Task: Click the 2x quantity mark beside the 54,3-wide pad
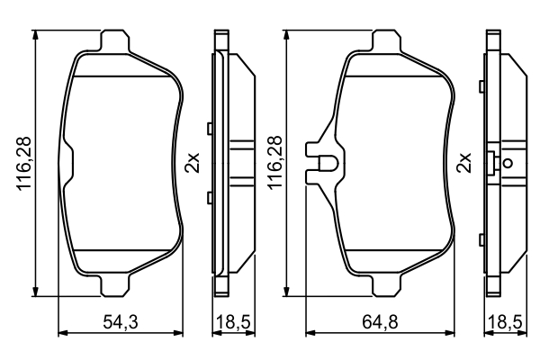[192, 163]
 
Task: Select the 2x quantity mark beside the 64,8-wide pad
[465, 163]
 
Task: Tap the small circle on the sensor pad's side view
[507, 164]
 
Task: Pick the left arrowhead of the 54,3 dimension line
[62, 334]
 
